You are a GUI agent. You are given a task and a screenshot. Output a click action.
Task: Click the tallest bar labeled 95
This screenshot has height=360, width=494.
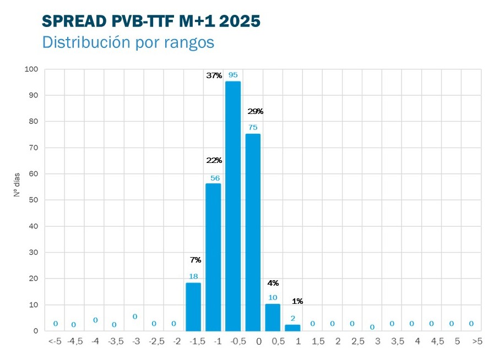pos(233,206)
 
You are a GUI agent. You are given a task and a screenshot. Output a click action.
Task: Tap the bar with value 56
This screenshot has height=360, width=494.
pos(213,257)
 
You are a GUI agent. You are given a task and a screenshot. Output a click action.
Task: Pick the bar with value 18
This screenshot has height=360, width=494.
pos(193,307)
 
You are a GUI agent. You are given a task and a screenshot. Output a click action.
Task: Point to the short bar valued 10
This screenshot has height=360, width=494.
pos(273,318)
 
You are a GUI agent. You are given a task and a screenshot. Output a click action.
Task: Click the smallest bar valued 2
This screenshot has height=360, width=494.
pos(292,328)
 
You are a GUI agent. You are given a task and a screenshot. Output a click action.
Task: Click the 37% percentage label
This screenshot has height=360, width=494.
pos(214,76)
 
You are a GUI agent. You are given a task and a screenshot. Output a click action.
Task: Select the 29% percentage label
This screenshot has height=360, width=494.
pos(256,111)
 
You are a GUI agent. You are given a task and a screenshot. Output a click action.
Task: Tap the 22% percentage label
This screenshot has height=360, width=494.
pos(214,160)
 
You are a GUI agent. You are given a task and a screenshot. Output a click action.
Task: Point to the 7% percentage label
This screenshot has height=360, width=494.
pos(196,259)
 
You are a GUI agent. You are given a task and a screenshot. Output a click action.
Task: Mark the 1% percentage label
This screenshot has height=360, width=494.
pos(297,301)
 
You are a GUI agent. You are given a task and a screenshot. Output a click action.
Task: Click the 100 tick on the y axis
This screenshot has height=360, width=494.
pos(31,69)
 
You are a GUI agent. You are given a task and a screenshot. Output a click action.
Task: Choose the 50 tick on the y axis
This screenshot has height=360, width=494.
pos(34,200)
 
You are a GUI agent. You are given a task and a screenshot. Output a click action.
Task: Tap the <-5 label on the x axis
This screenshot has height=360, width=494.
pos(55,342)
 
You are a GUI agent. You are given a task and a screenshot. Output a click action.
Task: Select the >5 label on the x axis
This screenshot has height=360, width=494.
pos(477,342)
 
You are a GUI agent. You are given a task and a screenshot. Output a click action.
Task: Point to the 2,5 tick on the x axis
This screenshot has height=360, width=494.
pos(358,342)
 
